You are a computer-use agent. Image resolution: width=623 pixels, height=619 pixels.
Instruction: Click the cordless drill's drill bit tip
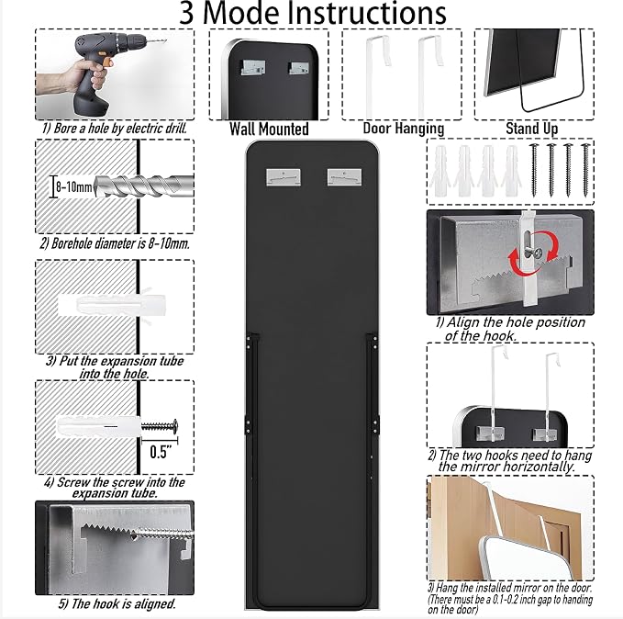point(165,40)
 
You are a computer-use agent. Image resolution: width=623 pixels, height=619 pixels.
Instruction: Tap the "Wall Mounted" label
point(269,129)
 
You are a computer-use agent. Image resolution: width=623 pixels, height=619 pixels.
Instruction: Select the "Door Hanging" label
point(404,128)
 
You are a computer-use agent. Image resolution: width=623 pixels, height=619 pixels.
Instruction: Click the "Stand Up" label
point(531,128)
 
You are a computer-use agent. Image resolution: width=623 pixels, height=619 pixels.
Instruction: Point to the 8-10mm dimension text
point(74,186)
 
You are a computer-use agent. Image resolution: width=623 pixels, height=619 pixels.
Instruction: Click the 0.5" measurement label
point(161,452)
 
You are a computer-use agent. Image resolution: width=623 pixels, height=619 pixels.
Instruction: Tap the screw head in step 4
point(174,426)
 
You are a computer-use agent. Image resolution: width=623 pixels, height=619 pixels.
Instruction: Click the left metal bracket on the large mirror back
point(283,177)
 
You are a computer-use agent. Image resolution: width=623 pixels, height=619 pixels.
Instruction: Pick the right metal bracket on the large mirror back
point(344,177)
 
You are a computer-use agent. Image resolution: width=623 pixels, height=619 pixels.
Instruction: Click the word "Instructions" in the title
point(365,14)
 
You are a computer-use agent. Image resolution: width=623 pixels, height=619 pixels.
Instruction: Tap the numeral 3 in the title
point(186,14)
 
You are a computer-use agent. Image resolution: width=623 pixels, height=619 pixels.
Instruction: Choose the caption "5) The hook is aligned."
point(117,604)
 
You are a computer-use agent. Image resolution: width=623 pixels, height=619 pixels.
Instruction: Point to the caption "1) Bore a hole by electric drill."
point(115,129)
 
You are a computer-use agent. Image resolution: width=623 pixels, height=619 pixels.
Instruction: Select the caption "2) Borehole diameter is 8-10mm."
point(115,243)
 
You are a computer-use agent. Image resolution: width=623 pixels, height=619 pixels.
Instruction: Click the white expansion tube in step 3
point(112,306)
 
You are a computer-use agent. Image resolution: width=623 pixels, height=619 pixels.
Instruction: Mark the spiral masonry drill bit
point(144,186)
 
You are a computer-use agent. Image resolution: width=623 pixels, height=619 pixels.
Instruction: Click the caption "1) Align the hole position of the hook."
point(510,329)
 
